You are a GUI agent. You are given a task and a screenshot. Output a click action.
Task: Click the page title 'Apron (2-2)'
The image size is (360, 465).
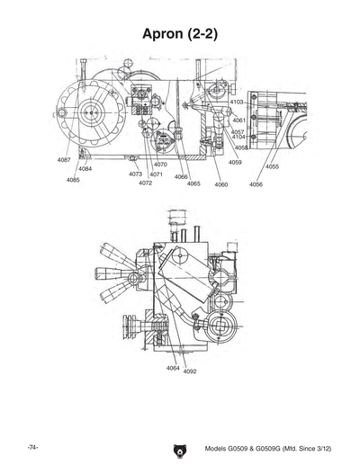pyautogui.click(x=180, y=33)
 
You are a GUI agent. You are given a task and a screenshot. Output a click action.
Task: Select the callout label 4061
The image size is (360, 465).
pyautogui.click(x=239, y=120)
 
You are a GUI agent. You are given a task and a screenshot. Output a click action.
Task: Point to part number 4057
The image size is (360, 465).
pyautogui.click(x=238, y=131)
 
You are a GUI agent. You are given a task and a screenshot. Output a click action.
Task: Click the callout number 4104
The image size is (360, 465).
pyautogui.click(x=238, y=137)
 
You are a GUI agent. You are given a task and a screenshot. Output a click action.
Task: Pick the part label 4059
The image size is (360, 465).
pyautogui.click(x=235, y=162)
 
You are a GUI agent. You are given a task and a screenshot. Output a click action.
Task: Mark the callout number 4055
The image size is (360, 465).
pyautogui.click(x=272, y=166)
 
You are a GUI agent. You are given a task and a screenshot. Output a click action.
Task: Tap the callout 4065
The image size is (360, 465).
pyautogui.click(x=193, y=183)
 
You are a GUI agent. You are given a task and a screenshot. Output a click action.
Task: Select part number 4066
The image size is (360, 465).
pyautogui.click(x=181, y=177)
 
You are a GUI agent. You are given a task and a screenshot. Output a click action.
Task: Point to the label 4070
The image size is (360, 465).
pyautogui.click(x=160, y=165)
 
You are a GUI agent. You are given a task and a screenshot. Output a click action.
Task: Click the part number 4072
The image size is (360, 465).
pyautogui.click(x=145, y=183)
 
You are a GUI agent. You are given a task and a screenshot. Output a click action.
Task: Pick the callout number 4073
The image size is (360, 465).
pyautogui.click(x=135, y=174)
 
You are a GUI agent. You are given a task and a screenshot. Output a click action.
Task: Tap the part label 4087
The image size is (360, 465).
pyautogui.click(x=64, y=159)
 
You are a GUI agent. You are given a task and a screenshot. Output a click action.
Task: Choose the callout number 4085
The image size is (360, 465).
pyautogui.click(x=73, y=180)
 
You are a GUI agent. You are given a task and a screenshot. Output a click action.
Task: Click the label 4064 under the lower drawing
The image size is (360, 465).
pyautogui.click(x=173, y=368)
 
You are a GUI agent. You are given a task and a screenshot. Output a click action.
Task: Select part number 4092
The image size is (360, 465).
pyautogui.click(x=190, y=371)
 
